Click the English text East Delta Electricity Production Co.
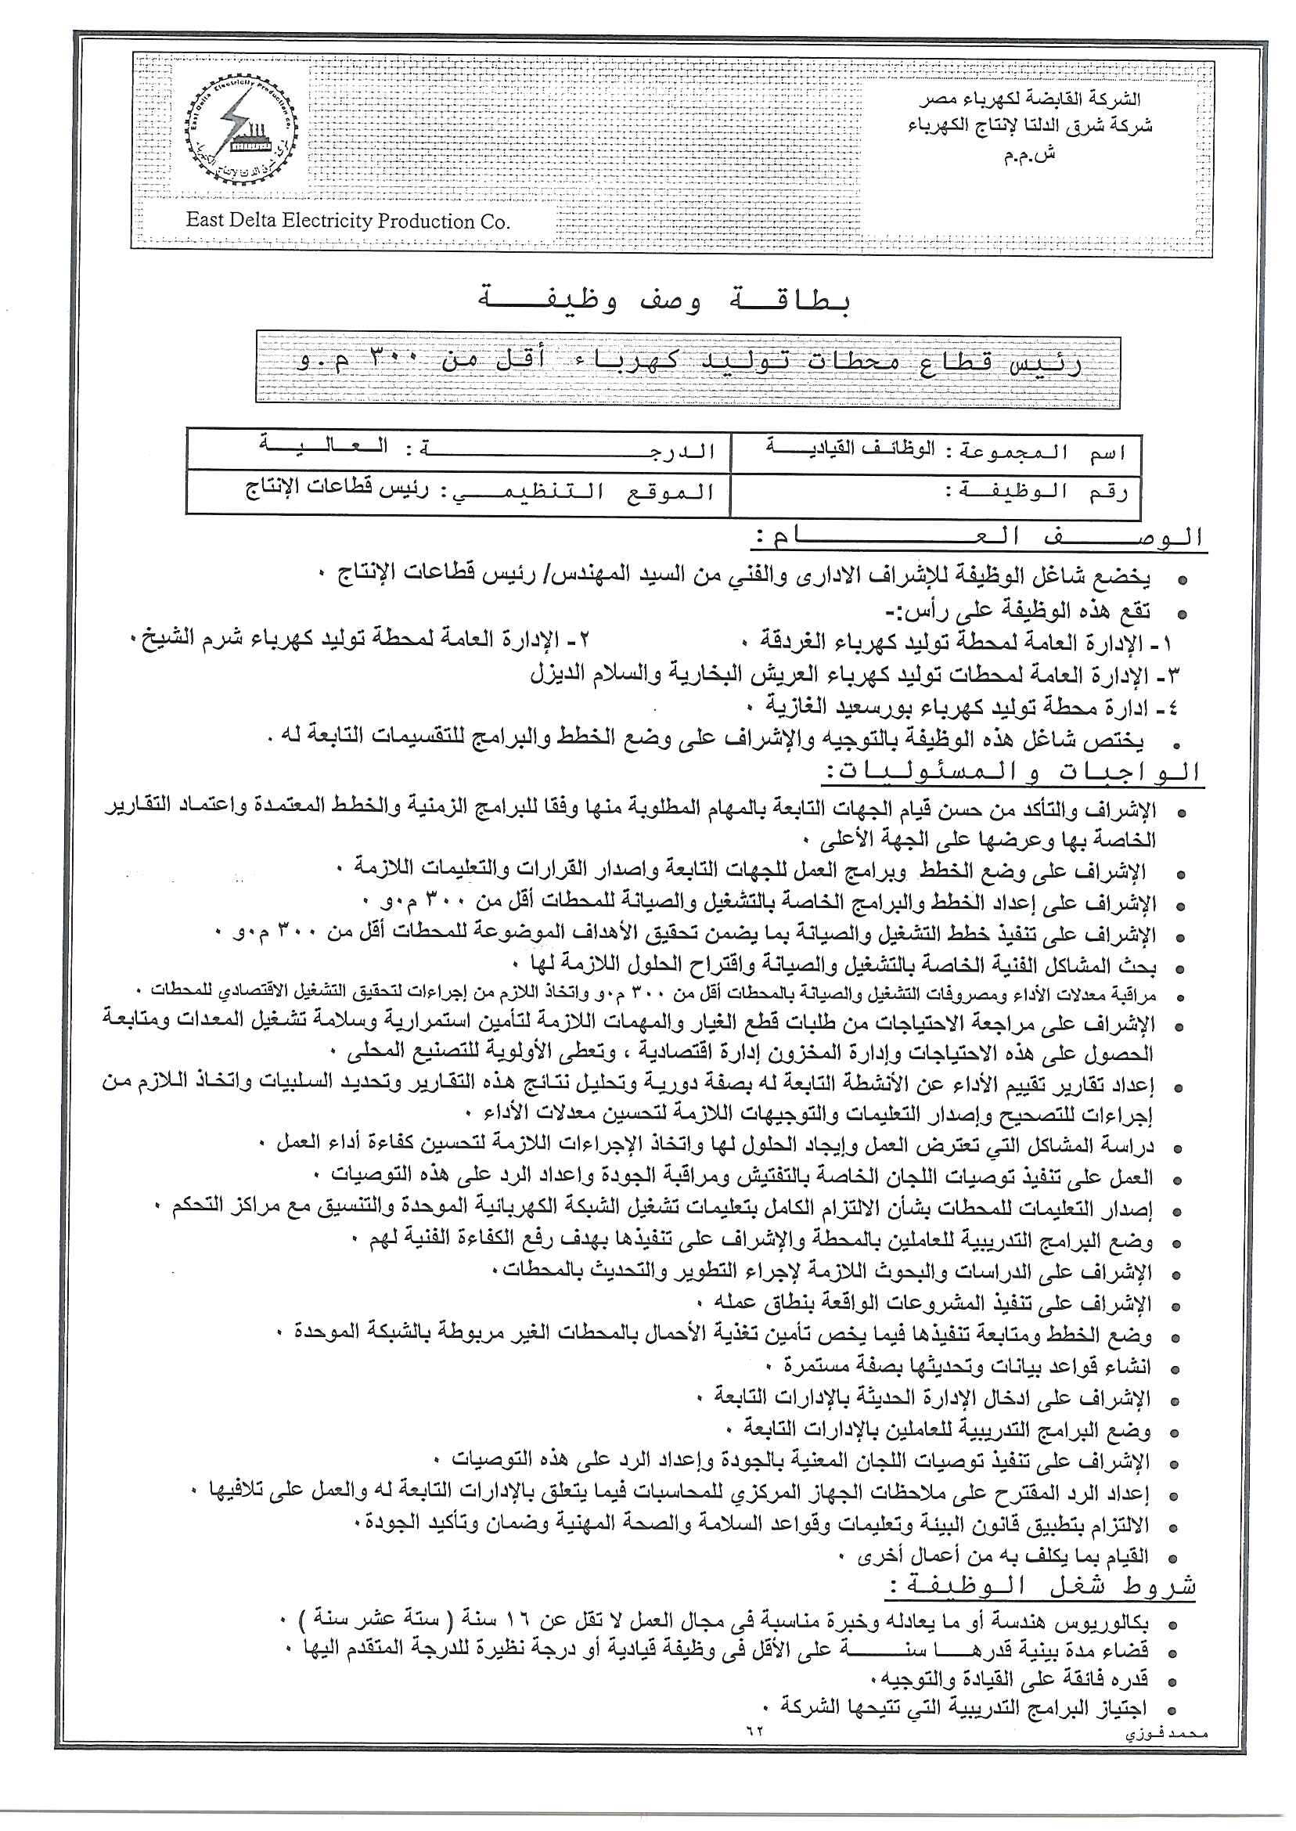click(x=347, y=221)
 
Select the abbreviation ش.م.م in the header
click(x=1030, y=155)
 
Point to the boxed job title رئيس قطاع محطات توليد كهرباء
click(x=688, y=362)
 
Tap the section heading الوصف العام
click(x=977, y=538)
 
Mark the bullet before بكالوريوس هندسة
click(x=1172, y=1625)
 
